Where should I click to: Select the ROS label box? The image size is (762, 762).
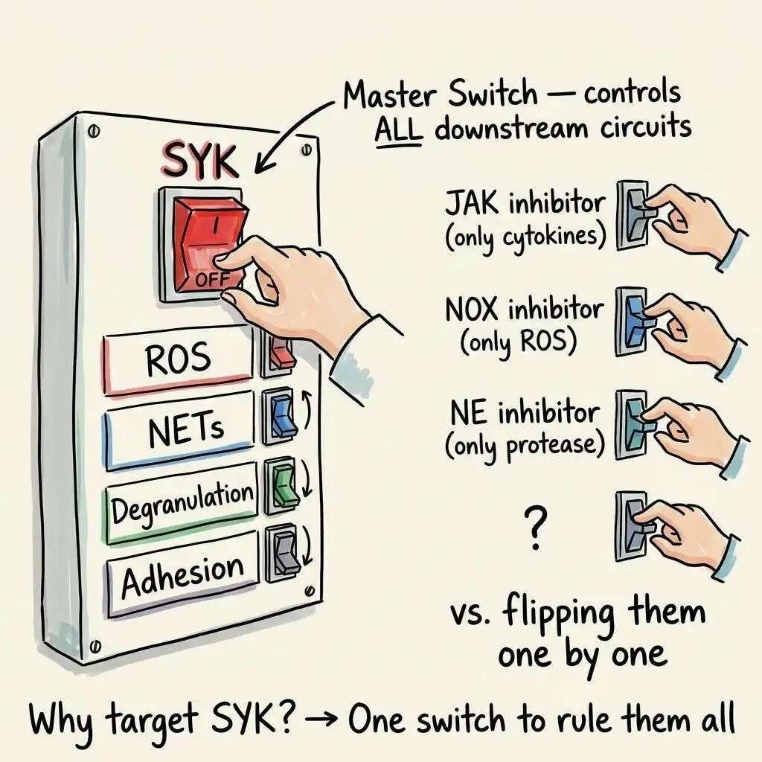pos(178,361)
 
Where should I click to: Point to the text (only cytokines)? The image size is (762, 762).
pos(526,237)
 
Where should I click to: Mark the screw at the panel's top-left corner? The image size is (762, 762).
pos(92,131)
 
